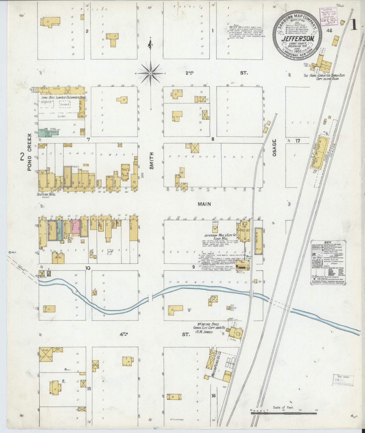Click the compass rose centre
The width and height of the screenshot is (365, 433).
coord(151,74)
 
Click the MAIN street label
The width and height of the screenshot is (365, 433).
coord(204,204)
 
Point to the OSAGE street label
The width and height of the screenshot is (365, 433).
coord(275,148)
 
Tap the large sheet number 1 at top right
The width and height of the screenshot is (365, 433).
coord(354,25)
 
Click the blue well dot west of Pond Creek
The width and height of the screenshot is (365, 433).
coord(10,252)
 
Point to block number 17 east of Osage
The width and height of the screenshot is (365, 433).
coord(298,141)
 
